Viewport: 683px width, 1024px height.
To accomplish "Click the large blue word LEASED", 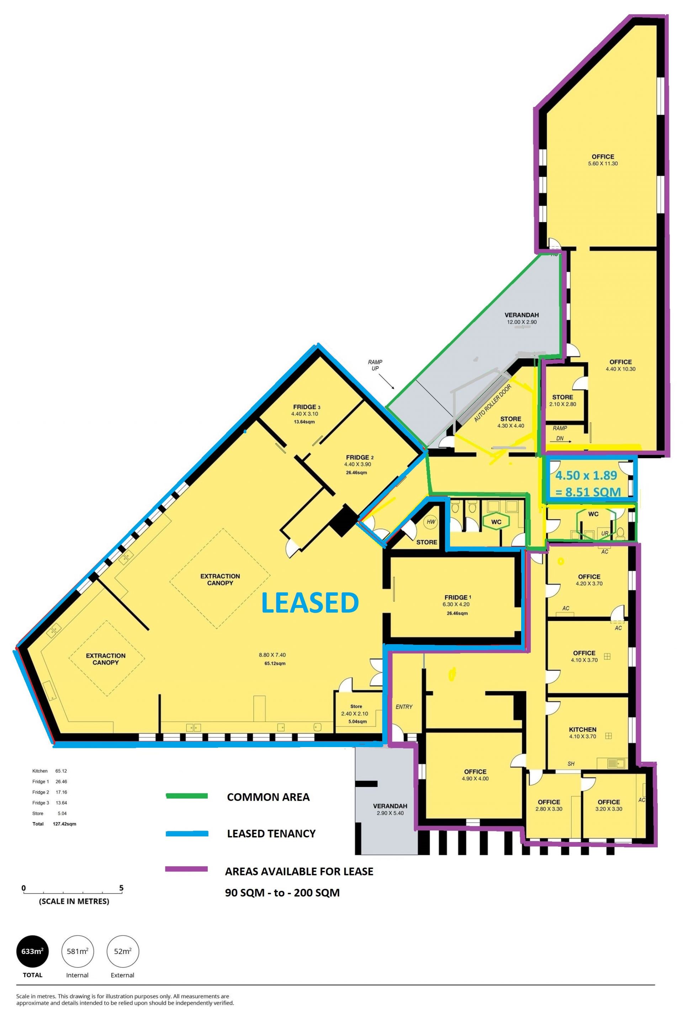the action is [310, 603].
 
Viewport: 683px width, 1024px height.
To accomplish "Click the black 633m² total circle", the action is [33, 951].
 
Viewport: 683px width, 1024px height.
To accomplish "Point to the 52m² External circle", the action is [123, 951].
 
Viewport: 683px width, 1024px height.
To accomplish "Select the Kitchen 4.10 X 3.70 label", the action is [583, 733].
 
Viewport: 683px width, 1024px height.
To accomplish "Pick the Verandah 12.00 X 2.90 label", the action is [522, 318].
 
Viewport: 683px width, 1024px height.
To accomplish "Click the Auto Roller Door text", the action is [493, 403].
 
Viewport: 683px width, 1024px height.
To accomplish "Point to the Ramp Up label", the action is [375, 365].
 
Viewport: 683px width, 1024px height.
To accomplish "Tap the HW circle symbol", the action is [431, 522].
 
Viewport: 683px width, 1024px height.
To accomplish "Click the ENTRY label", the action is [404, 707].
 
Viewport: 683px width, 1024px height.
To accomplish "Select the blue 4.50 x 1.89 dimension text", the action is [586, 475].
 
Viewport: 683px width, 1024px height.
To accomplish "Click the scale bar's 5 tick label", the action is [122, 888].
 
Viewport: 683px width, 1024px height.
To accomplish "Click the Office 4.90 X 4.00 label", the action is [475, 775].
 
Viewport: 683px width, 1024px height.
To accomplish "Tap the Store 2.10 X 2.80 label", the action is [563, 400].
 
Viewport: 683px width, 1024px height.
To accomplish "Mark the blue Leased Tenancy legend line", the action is [187, 833].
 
